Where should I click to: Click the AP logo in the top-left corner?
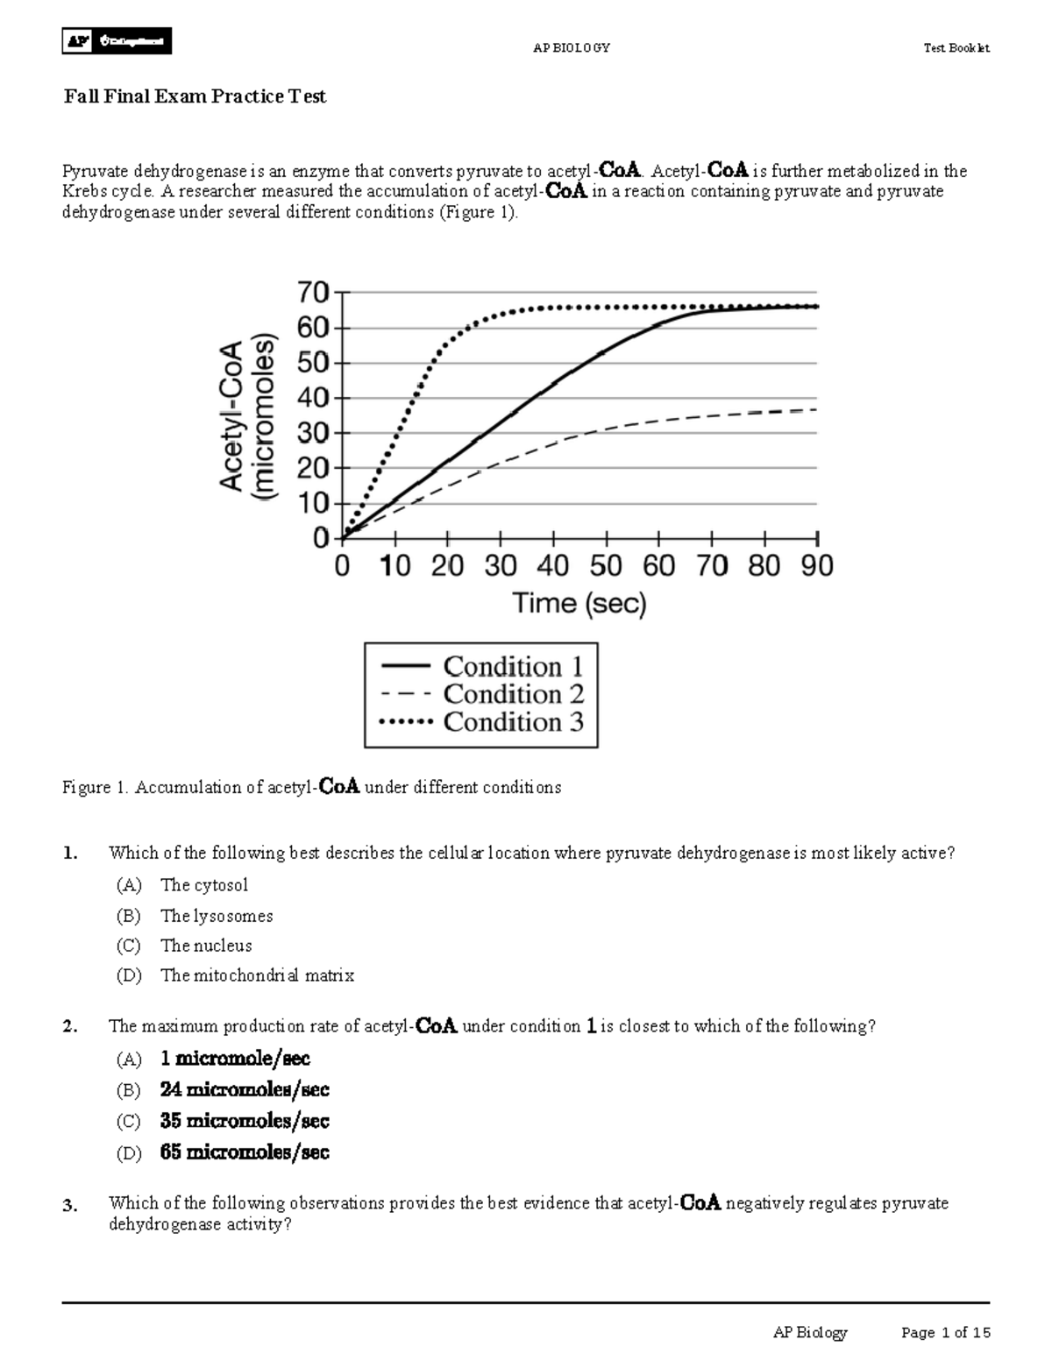pos(78,41)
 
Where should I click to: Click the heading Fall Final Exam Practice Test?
pos(194,96)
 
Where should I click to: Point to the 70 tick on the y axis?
pos(316,292)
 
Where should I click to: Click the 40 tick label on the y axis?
pos(316,398)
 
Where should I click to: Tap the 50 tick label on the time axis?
pos(606,566)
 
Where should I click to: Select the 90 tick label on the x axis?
pos(816,566)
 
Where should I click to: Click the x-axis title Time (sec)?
pos(579,604)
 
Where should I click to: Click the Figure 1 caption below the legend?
pos(311,787)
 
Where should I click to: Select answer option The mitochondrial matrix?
pos(257,975)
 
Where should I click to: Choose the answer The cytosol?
pos(204,885)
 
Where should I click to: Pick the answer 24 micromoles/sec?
pos(245,1090)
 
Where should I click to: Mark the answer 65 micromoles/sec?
pos(245,1152)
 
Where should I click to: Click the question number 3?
pos(70,1206)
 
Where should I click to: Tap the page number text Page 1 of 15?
pos(945,1333)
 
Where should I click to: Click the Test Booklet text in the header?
pos(956,48)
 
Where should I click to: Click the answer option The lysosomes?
pos(217,916)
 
